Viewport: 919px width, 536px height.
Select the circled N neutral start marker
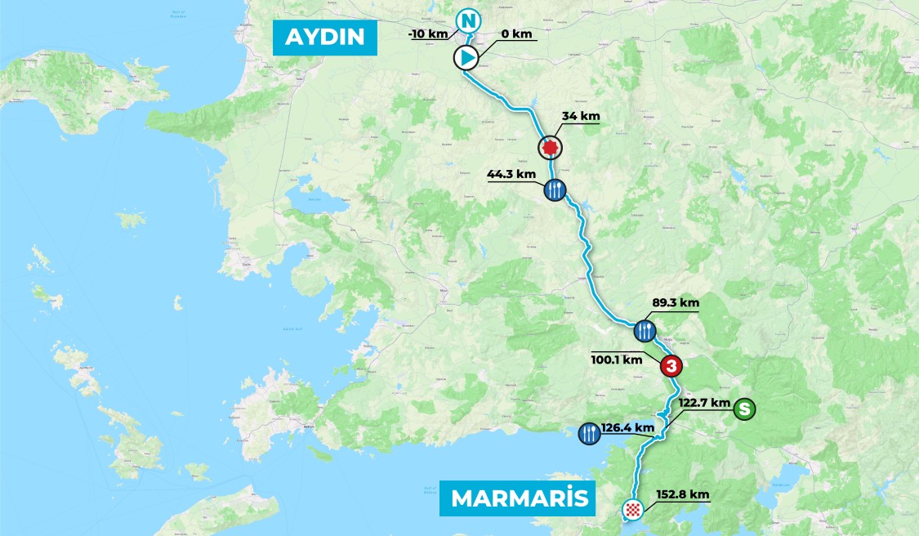click(x=467, y=20)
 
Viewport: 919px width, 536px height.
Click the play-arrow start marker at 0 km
click(x=466, y=57)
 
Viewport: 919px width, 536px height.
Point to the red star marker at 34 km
click(x=550, y=147)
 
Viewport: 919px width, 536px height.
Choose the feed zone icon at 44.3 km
click(x=555, y=190)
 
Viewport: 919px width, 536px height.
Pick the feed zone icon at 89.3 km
click(x=645, y=331)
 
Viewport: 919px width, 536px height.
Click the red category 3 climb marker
click(x=671, y=366)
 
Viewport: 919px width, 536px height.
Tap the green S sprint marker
click(x=743, y=408)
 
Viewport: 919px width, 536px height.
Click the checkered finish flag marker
click(x=631, y=510)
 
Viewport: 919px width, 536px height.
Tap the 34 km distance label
click(x=580, y=116)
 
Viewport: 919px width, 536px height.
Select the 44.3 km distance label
click(x=511, y=174)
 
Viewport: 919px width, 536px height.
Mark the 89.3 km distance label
click(x=676, y=302)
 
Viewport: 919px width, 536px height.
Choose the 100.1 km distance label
click(x=617, y=359)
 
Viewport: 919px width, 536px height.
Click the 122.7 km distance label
click(x=703, y=403)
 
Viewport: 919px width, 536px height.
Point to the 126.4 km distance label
click(x=628, y=427)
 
